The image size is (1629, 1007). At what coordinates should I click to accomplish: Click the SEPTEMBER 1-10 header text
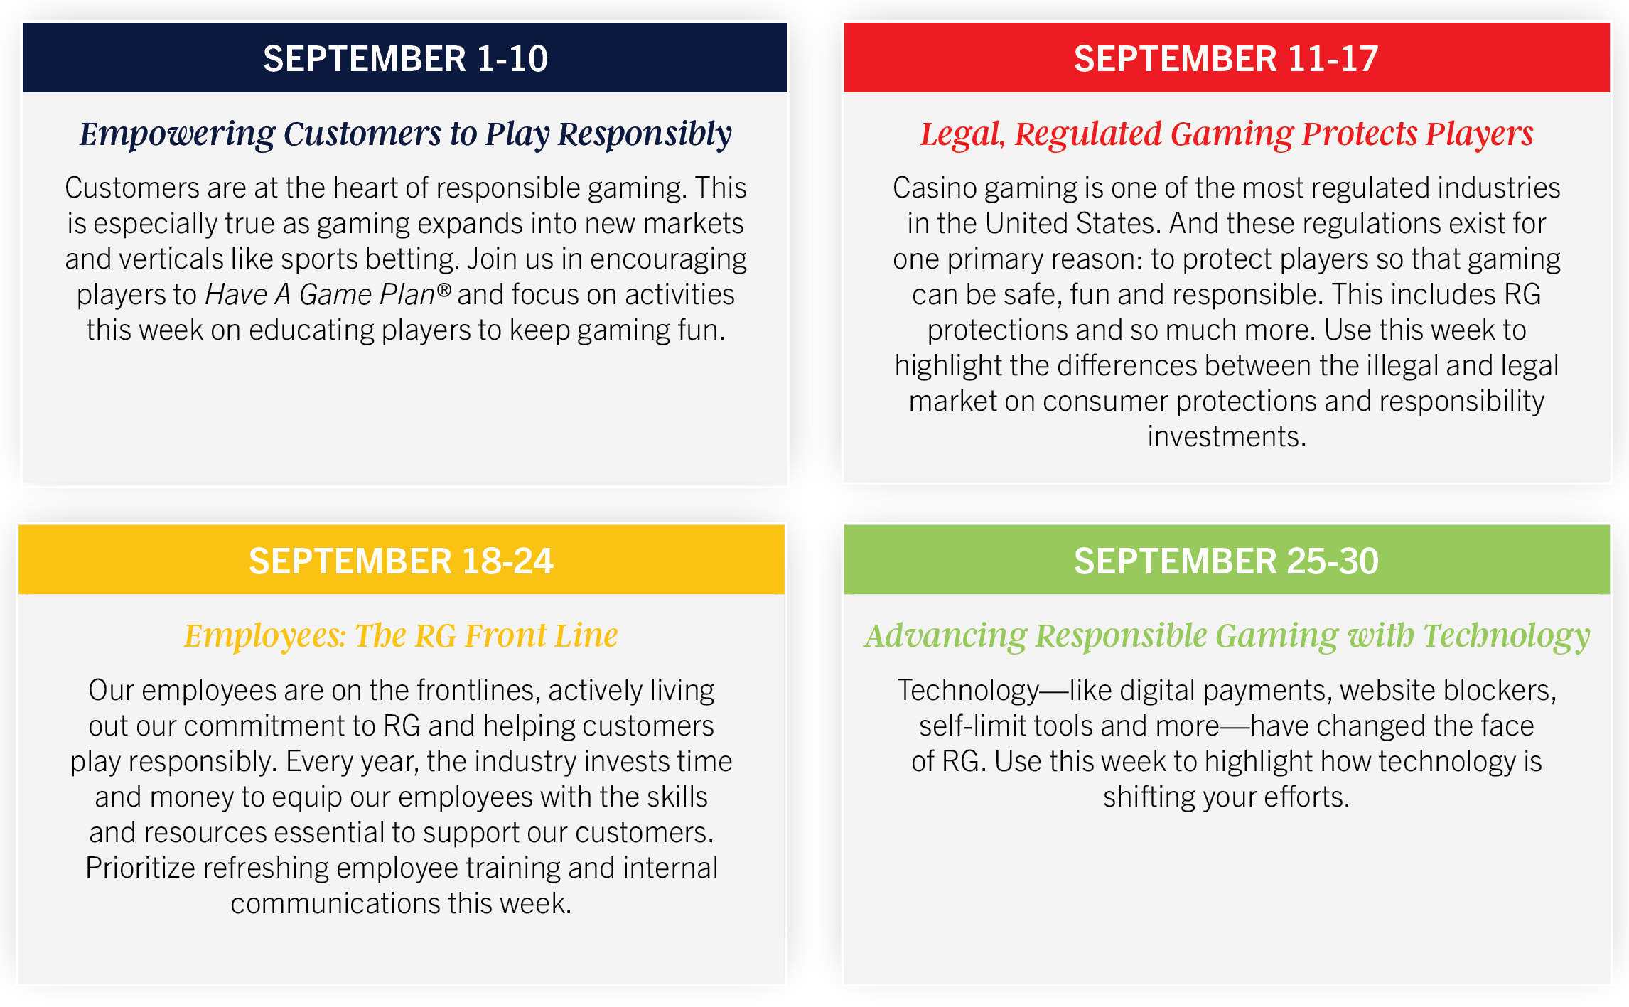[405, 58]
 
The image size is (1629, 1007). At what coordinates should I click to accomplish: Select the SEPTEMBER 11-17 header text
[1226, 58]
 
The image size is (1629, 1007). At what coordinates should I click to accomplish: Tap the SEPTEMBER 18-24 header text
[401, 561]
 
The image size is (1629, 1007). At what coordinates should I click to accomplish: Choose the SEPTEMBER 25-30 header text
[1226, 561]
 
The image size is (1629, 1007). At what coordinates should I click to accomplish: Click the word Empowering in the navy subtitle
[177, 134]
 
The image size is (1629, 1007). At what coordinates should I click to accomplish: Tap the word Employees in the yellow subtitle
[265, 636]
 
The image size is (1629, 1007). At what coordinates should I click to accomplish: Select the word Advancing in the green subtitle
[946, 636]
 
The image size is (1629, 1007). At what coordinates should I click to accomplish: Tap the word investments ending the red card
[1227, 436]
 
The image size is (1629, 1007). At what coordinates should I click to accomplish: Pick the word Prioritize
[136, 868]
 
